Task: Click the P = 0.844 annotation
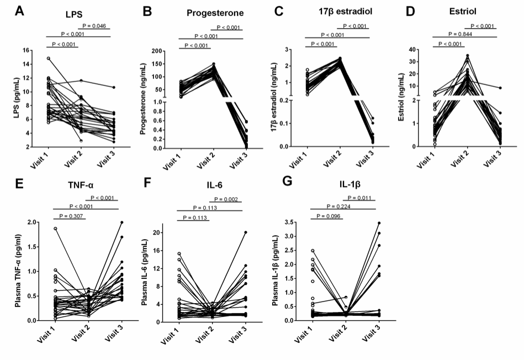pos(457,35)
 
